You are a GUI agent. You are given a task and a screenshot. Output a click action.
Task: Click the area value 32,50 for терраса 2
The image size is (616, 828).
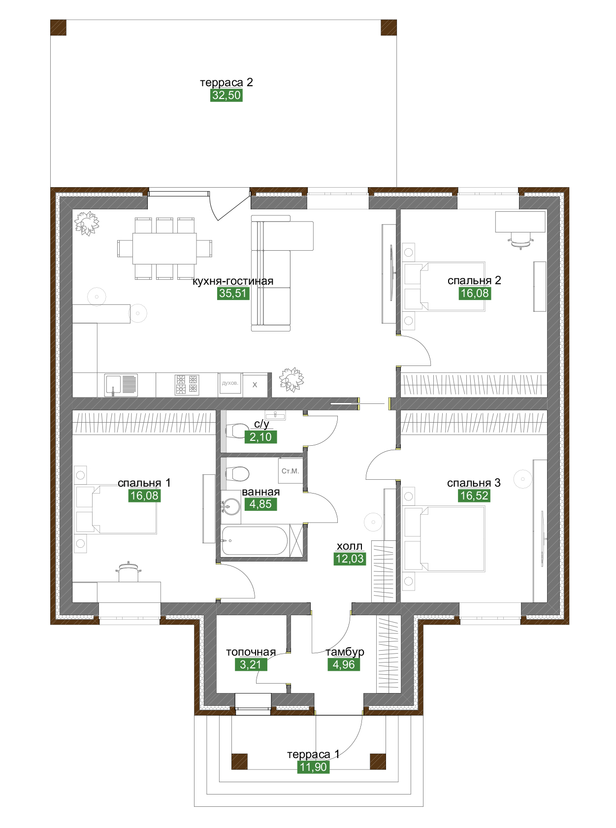pyautogui.click(x=226, y=95)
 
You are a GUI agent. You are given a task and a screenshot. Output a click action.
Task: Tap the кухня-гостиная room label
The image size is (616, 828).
pyautogui.click(x=233, y=281)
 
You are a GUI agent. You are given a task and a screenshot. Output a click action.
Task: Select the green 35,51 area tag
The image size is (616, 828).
pyautogui.click(x=233, y=293)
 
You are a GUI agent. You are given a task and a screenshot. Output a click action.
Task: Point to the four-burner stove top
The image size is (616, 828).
pyautogui.click(x=187, y=385)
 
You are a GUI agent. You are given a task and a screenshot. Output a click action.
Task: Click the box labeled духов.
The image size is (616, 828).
pyautogui.click(x=230, y=383)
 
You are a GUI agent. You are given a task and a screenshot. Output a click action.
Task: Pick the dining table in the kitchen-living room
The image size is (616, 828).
pyautogui.click(x=164, y=248)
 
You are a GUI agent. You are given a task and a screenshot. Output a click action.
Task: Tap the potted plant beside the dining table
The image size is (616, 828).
pyautogui.click(x=87, y=223)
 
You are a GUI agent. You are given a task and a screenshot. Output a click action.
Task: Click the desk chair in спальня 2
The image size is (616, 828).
pyautogui.click(x=521, y=240)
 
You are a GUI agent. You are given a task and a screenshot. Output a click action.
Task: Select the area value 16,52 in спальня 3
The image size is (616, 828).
pyautogui.click(x=474, y=496)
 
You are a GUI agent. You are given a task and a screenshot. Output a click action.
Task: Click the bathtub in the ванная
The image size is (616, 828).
pyautogui.click(x=255, y=540)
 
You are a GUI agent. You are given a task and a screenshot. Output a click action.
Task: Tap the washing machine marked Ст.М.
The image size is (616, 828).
pyautogui.click(x=291, y=471)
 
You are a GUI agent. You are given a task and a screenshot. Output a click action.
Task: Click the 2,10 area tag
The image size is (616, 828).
pyautogui.click(x=260, y=437)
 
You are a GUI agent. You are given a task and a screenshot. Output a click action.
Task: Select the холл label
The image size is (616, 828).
pyautogui.click(x=350, y=546)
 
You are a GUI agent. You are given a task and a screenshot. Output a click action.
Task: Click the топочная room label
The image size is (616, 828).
pyautogui.click(x=251, y=652)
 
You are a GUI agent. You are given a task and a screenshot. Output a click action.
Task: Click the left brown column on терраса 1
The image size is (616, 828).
pyautogui.click(x=239, y=761)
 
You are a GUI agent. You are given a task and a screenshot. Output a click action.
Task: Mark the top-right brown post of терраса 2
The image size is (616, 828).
pyautogui.click(x=389, y=27)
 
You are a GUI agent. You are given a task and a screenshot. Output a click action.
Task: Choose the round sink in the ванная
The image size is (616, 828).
pyautogui.click(x=231, y=506)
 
